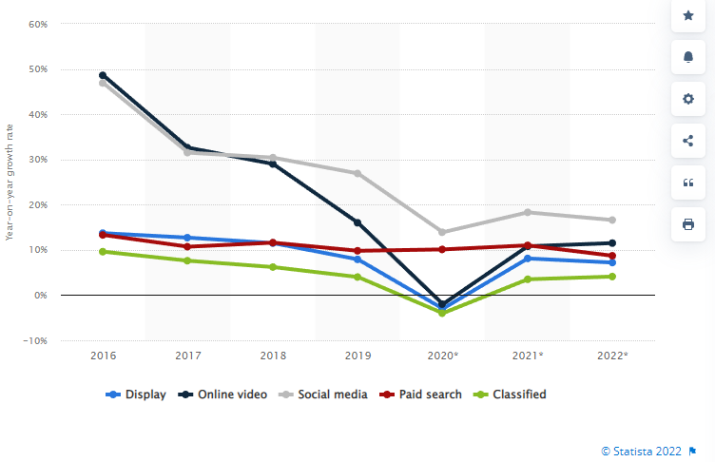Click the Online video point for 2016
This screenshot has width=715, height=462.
pyautogui.click(x=103, y=75)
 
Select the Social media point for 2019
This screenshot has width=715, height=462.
pyautogui.click(x=357, y=173)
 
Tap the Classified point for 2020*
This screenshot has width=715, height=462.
pyautogui.click(x=442, y=313)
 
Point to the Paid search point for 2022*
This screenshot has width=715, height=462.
pyautogui.click(x=612, y=256)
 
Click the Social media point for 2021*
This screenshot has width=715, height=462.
pyautogui.click(x=528, y=212)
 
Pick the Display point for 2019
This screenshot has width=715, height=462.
pyautogui.click(x=357, y=260)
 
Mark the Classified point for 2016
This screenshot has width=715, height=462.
pyautogui.click(x=103, y=251)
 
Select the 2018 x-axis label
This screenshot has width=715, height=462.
pyautogui.click(x=273, y=355)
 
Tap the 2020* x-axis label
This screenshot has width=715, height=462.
pyautogui.click(x=443, y=355)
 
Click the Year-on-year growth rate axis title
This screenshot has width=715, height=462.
pyautogui.click(x=9, y=181)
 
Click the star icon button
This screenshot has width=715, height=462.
pyautogui.click(x=688, y=15)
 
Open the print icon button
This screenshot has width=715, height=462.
pyautogui.click(x=688, y=224)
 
